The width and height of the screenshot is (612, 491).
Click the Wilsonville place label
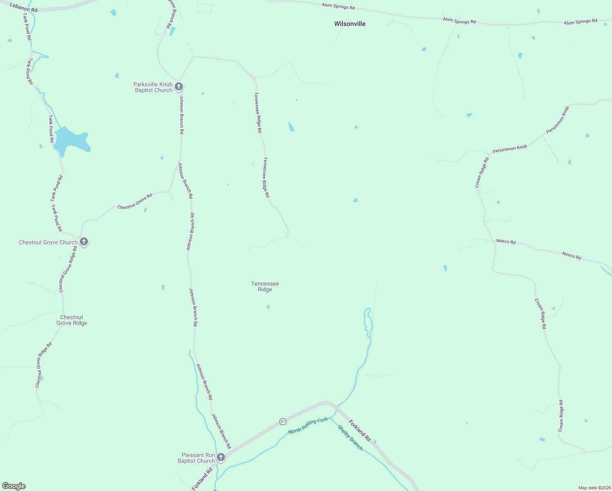tap(350, 24)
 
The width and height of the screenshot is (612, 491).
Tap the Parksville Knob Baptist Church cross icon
tap(178, 86)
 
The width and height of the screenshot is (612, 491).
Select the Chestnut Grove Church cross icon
tap(83, 242)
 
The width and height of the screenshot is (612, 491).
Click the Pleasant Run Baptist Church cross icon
tap(221, 457)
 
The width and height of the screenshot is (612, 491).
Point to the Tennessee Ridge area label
tap(265, 286)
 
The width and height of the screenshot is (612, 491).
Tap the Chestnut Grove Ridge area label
tap(72, 320)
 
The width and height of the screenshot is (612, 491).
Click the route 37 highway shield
tap(283, 421)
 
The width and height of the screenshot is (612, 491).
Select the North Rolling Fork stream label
tap(308, 426)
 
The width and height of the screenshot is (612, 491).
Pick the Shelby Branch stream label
tap(350, 437)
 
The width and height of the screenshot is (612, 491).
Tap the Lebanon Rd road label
tap(24, 8)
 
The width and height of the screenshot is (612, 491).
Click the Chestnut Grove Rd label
tap(135, 201)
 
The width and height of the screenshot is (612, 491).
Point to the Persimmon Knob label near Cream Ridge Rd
tap(510, 149)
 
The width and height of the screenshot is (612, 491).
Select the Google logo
tap(14, 486)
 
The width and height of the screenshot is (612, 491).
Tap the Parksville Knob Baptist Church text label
tap(153, 87)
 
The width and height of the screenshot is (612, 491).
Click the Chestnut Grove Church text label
tap(48, 242)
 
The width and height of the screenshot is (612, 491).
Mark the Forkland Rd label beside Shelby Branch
tap(360, 430)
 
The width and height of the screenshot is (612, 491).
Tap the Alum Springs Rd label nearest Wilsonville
tap(338, 6)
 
